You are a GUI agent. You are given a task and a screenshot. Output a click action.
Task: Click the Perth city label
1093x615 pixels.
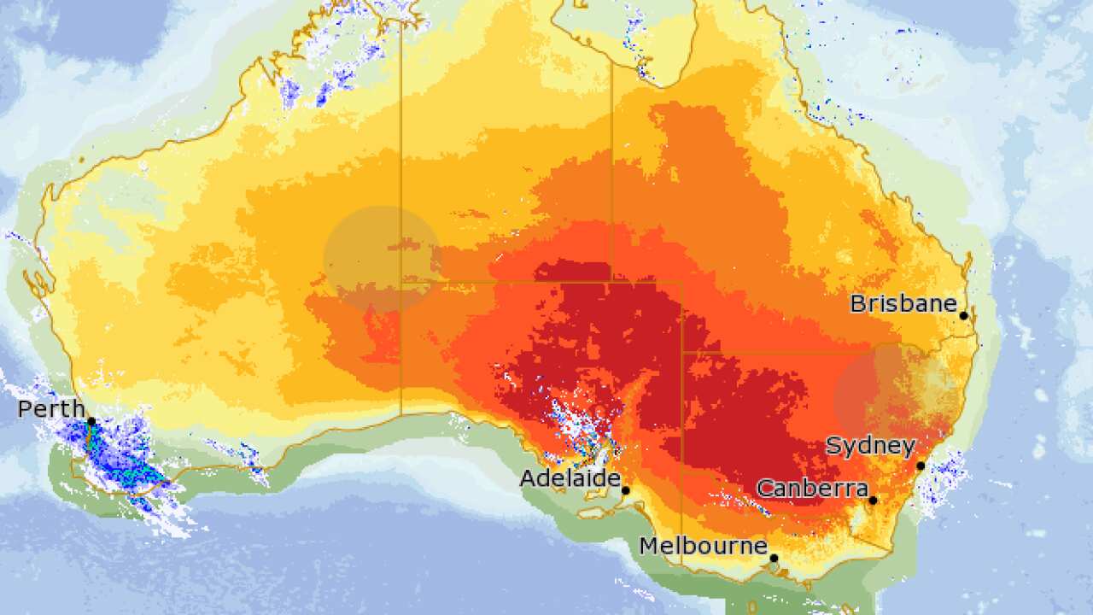point(51,409)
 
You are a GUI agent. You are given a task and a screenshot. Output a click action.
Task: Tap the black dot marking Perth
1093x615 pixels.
point(91,422)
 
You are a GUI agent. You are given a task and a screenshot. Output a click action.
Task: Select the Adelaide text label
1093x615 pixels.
point(570,478)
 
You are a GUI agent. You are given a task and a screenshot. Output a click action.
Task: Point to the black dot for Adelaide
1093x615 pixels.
point(625,490)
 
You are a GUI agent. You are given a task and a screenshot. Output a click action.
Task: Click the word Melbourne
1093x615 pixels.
point(704,546)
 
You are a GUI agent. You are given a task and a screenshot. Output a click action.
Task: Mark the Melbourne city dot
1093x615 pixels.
point(774,559)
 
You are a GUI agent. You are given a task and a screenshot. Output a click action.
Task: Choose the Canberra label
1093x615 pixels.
point(812,489)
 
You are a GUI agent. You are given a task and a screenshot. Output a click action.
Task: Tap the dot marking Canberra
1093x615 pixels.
point(873,501)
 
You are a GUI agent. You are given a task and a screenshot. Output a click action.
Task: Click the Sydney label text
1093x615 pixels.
point(870,446)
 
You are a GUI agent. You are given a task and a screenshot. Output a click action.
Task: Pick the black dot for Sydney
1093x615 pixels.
point(921,466)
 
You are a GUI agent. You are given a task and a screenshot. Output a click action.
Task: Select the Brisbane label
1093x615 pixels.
point(903,303)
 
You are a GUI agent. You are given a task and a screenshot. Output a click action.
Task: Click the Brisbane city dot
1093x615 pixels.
point(963,315)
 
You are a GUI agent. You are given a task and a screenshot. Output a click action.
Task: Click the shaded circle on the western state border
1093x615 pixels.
point(382,258)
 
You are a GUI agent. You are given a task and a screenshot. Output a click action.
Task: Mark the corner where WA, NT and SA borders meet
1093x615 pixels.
point(401,282)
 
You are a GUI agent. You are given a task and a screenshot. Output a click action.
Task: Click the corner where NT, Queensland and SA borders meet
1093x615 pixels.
point(611,282)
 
